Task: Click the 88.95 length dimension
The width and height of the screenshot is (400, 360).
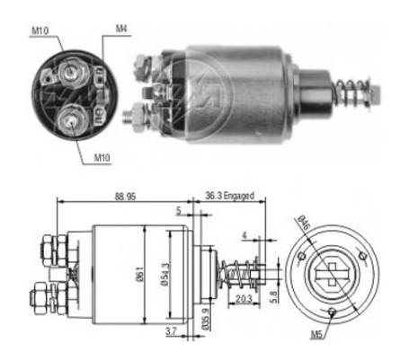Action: coord(125,196)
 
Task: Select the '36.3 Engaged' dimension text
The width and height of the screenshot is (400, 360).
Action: coord(229,196)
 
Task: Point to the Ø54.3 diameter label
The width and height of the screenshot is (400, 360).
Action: coord(164,275)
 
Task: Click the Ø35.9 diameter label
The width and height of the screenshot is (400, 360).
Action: coord(206,319)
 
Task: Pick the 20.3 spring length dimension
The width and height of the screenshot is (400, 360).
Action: coord(244,299)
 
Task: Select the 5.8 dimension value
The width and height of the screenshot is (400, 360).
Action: coord(273,297)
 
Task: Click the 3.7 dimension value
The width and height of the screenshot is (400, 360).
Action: coord(171,331)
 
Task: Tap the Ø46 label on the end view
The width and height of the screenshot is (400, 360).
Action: coord(303,223)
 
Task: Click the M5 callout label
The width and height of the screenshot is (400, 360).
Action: coord(317,334)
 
